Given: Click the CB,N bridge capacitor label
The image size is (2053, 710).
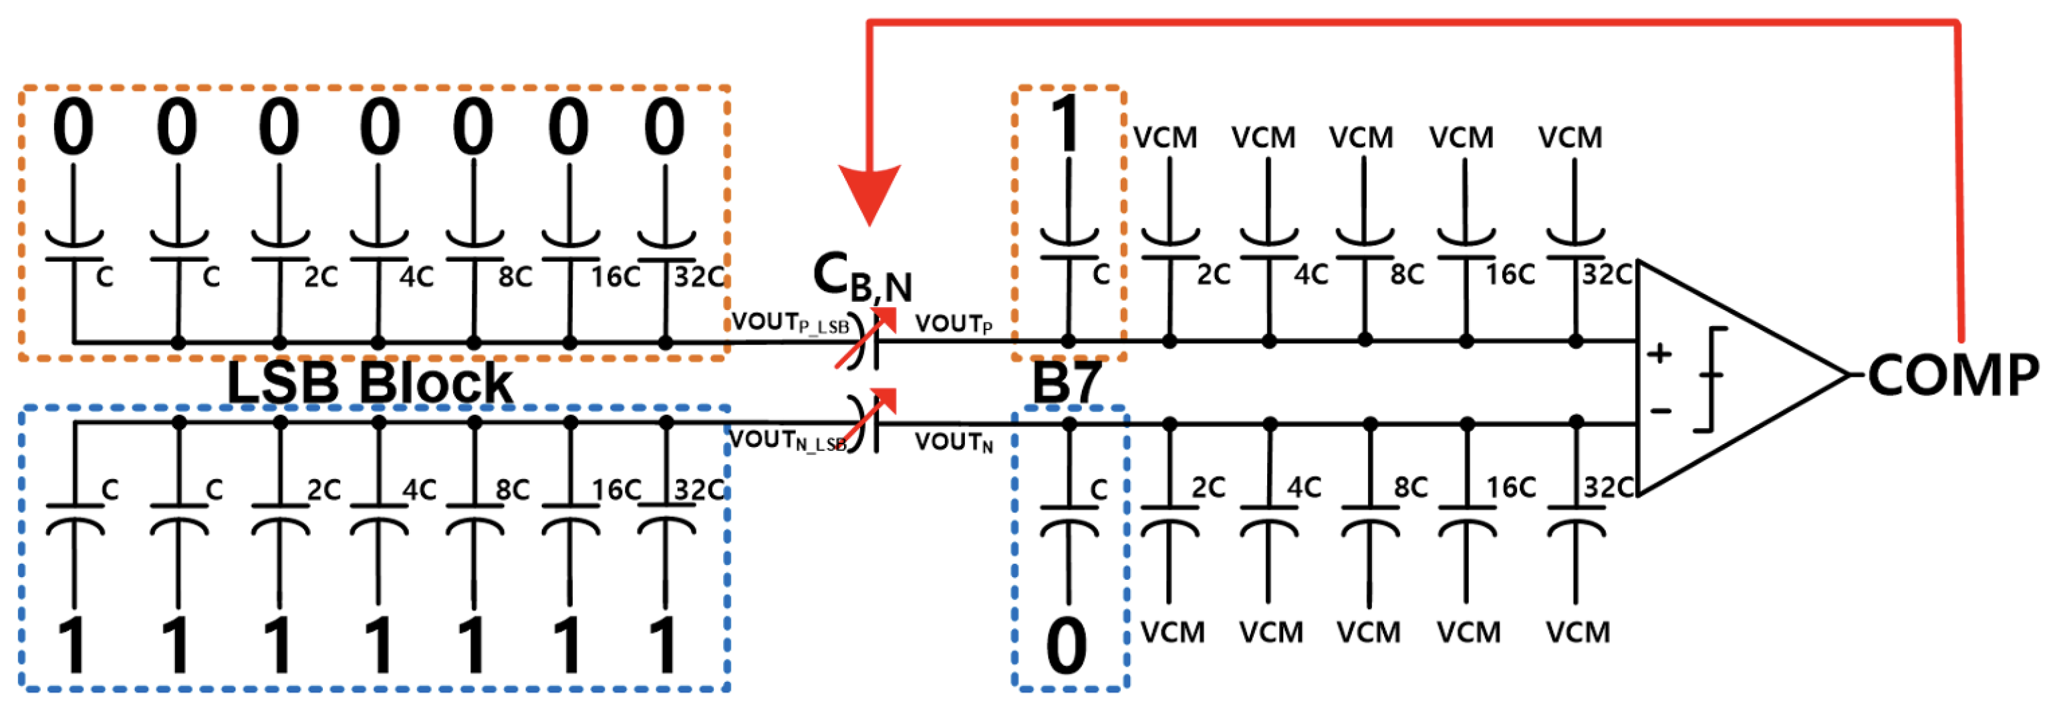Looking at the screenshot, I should click(862, 277).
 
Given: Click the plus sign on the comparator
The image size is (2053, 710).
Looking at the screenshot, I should click(1659, 353).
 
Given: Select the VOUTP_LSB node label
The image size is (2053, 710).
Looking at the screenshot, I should click(790, 323).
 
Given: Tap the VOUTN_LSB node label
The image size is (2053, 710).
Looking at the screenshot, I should click(787, 441).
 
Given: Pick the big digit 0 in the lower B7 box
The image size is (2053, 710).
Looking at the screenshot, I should click(1067, 645).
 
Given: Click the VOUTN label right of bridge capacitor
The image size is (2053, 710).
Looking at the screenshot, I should click(953, 442).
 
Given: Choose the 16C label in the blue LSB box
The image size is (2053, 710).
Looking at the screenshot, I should click(615, 490).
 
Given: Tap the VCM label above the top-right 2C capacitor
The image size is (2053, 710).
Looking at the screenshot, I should click(1166, 138).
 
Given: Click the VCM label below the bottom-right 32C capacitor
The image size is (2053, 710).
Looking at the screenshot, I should click(1578, 633).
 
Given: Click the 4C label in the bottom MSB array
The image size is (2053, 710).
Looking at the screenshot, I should click(1304, 488).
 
